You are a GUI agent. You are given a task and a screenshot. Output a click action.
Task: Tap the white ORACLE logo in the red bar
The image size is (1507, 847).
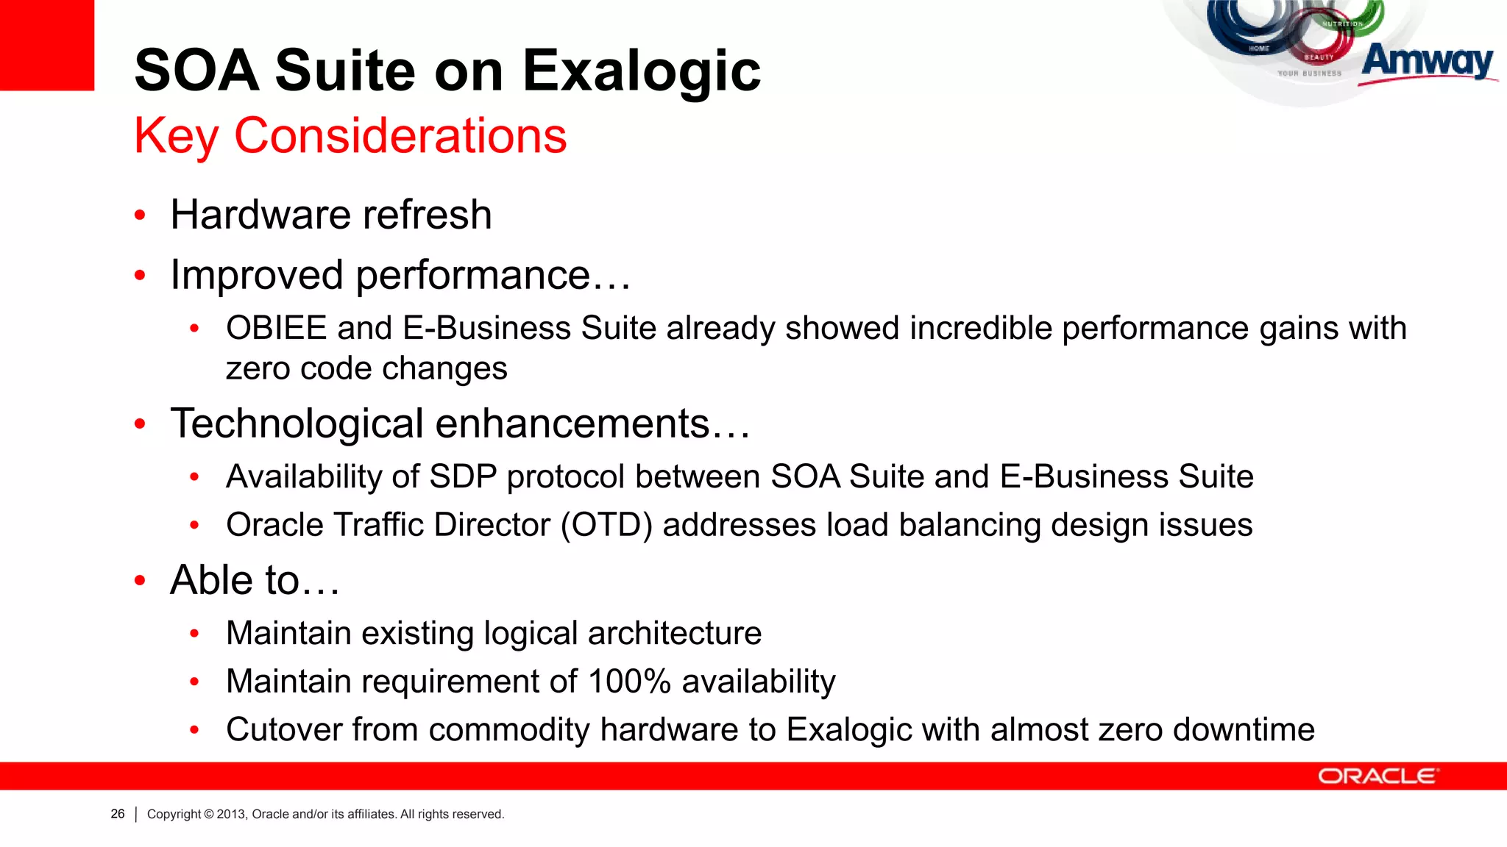click(x=1377, y=776)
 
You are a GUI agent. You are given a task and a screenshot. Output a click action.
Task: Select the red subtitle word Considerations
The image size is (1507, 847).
click(x=400, y=136)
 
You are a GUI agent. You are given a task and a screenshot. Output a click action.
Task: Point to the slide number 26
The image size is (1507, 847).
click(x=118, y=814)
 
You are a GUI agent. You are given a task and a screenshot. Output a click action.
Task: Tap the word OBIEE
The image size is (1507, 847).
click(x=276, y=329)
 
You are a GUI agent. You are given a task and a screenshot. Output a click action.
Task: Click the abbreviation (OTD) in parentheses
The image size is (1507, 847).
click(x=606, y=526)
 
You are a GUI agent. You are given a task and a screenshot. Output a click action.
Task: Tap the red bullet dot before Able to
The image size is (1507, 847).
click(x=141, y=581)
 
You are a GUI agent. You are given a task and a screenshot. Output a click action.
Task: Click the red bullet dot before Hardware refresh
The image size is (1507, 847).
click(x=141, y=216)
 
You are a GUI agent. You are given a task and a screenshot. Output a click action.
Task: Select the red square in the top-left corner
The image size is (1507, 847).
click(x=46, y=44)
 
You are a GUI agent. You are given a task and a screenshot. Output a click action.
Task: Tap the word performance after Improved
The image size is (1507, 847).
click(x=473, y=276)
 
